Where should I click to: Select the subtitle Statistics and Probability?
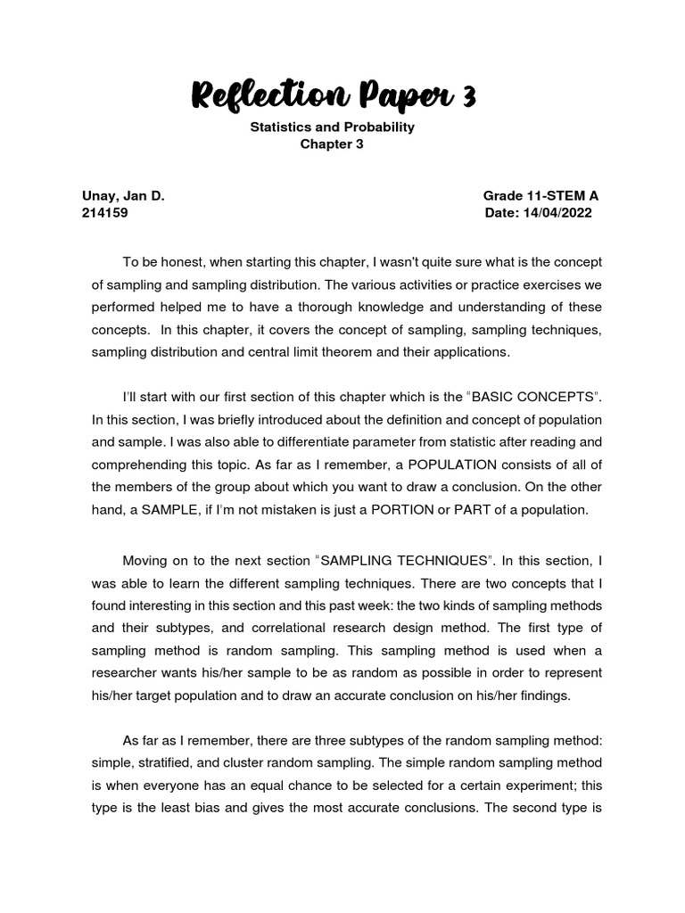pos(333,127)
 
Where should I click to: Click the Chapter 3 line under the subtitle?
pos(333,145)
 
